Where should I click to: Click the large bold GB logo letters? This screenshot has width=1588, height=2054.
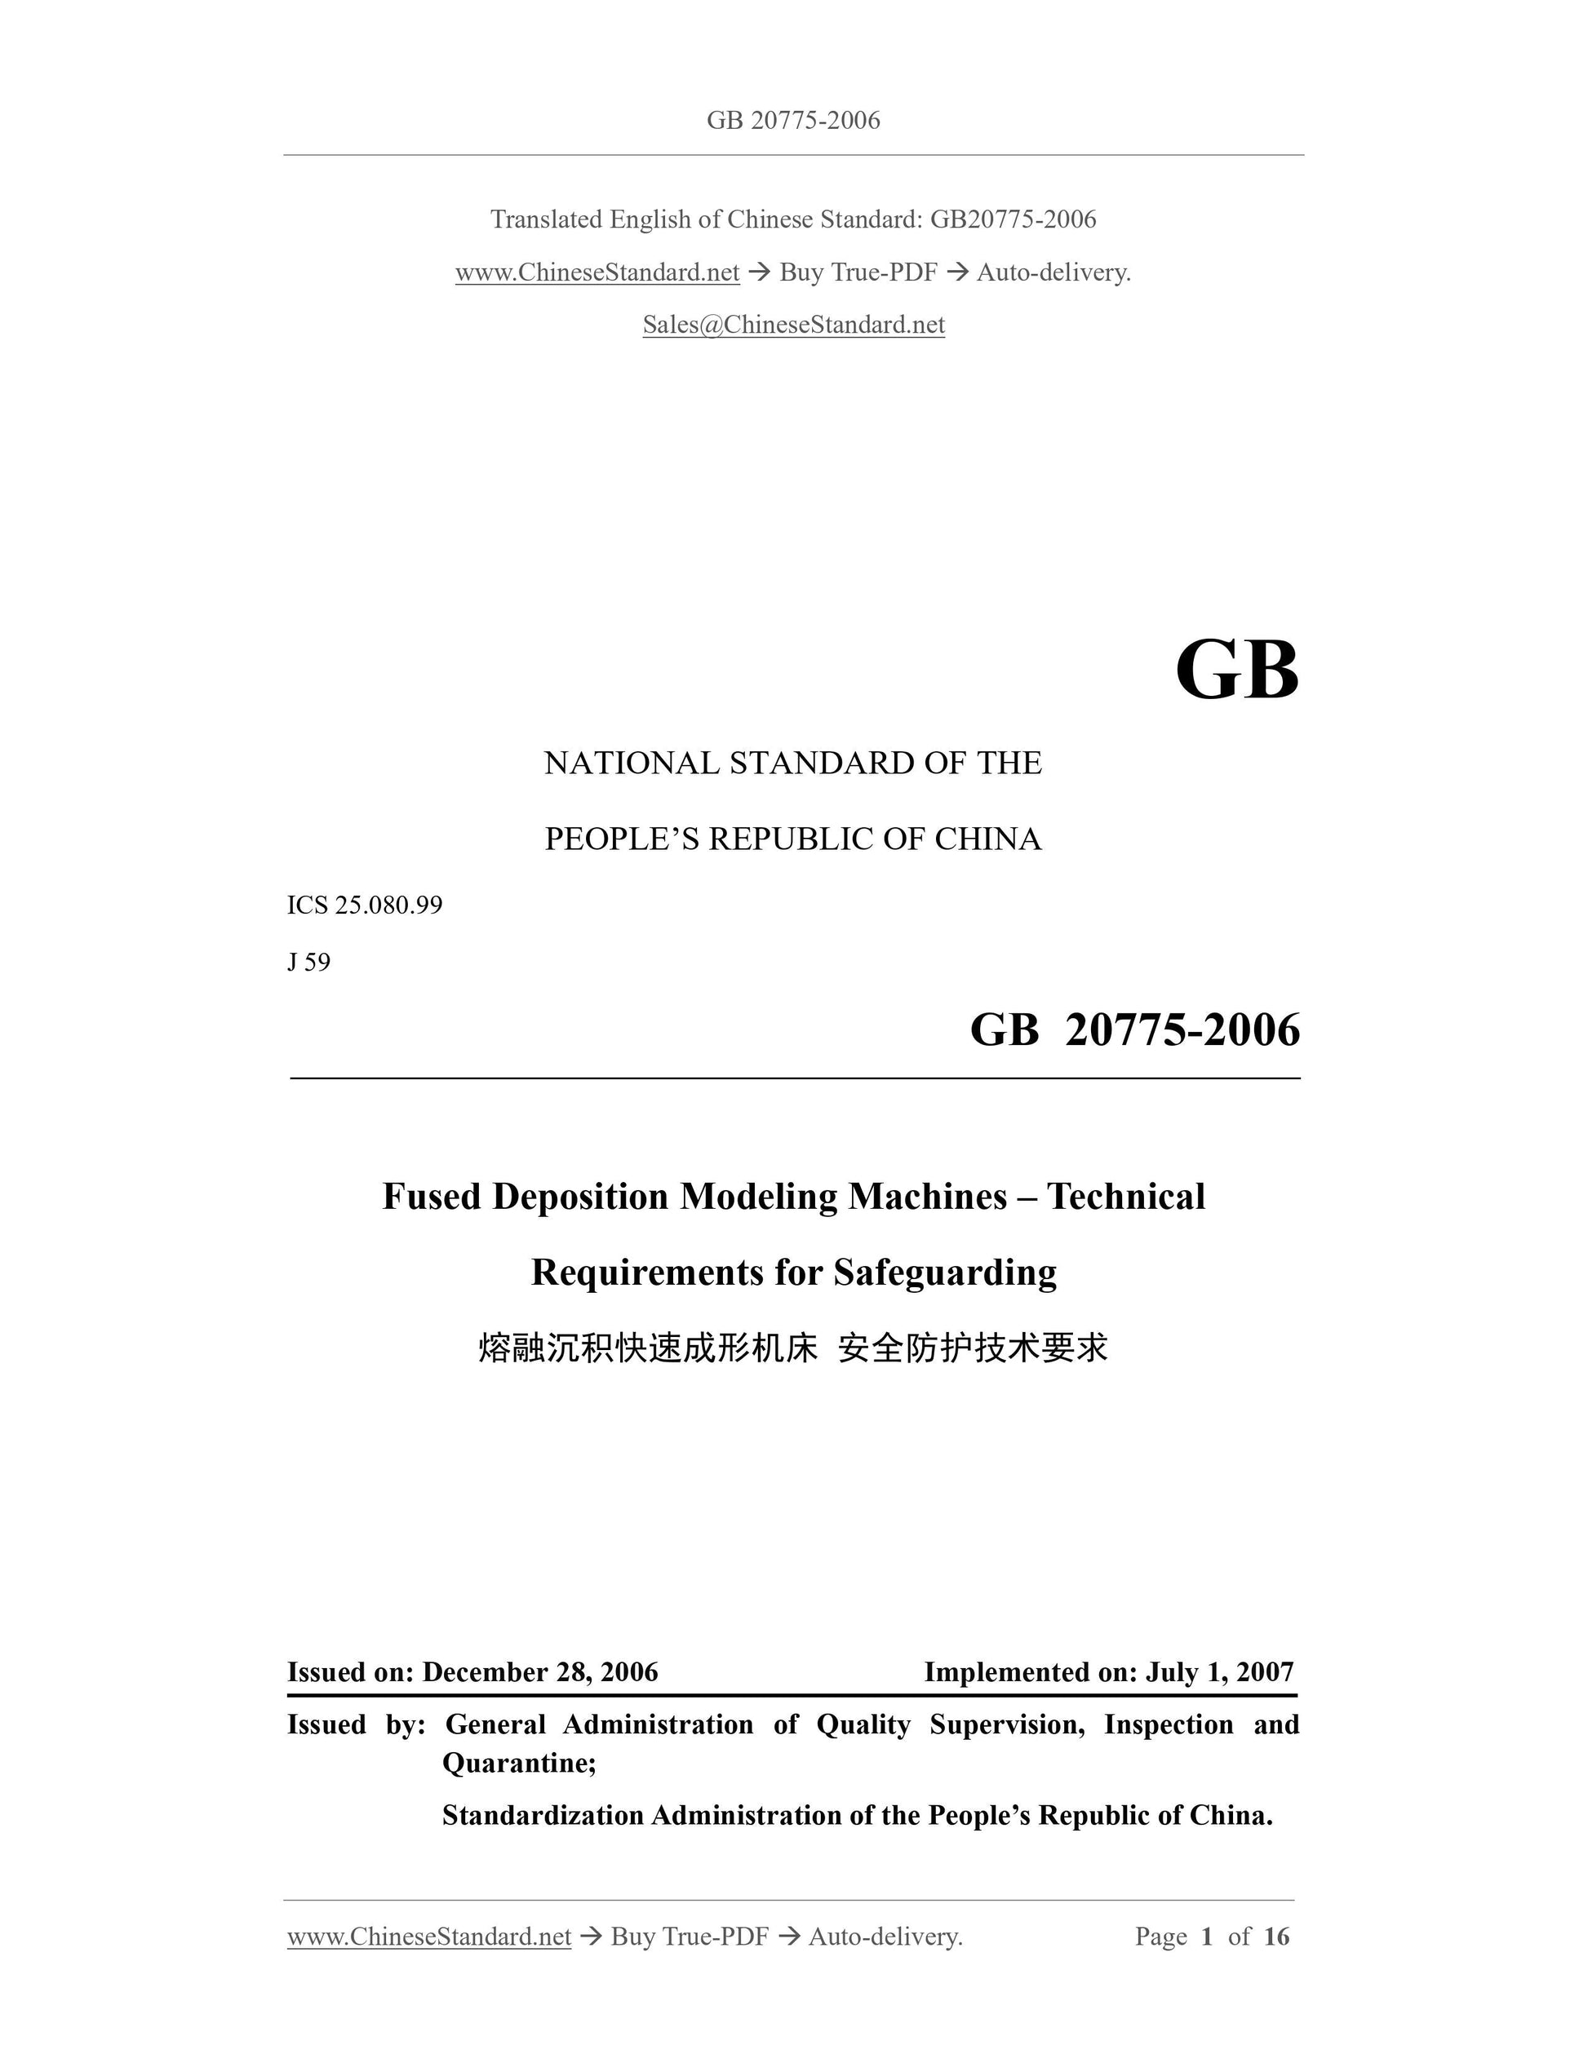1236,671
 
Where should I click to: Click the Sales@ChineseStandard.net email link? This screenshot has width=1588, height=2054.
793,325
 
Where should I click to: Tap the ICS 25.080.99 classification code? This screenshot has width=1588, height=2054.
364,905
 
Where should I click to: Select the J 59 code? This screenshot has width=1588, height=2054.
308,962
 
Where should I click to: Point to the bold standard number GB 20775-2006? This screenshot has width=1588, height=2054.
1134,1029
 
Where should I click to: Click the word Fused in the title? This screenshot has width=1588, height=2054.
432,1197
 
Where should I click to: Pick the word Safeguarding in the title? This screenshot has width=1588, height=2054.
944,1273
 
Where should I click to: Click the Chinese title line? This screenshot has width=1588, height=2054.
793,1348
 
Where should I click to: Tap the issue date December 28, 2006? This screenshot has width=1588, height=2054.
540,1672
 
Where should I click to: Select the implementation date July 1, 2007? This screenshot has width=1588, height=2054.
1219,1672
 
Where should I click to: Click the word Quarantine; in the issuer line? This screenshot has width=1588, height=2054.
519,1763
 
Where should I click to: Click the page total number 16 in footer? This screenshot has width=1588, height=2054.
1275,1937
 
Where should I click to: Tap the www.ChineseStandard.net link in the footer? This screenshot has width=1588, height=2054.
429,1937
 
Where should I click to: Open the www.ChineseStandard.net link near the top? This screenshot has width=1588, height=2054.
597,272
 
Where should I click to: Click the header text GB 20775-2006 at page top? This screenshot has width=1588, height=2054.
793,121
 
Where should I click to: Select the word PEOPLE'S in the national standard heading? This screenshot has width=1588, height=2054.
621,839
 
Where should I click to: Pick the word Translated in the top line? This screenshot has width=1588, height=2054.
546,219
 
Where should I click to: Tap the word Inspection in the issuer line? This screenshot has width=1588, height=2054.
1168,1724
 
